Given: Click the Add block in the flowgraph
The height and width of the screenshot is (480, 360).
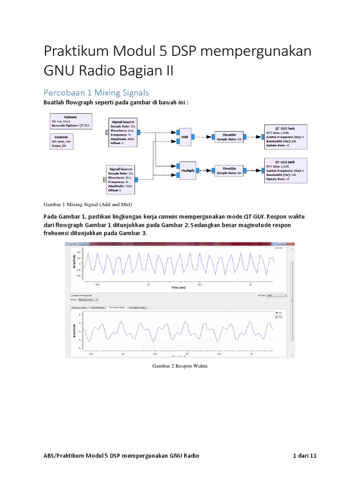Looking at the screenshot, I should click(185, 137).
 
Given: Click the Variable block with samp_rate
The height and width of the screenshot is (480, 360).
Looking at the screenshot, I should click(63, 142).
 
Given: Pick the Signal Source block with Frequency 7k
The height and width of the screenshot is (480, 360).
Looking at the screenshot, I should click(122, 133).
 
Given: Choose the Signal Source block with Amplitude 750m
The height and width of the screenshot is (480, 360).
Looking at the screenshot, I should click(120, 179).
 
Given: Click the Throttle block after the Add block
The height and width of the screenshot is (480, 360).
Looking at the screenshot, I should click(229, 137).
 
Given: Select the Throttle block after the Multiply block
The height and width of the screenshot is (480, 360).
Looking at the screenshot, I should click(229, 171).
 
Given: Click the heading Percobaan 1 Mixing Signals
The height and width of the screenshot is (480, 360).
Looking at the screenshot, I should click(97, 92).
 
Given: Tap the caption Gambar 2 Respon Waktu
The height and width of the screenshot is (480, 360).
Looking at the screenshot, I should click(180, 367).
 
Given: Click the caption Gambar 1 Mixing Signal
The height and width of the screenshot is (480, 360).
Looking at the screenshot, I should click(88, 205).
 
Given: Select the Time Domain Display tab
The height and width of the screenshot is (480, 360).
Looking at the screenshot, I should click(117, 308).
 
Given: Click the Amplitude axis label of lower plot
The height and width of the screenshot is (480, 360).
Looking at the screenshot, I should click(74, 331).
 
